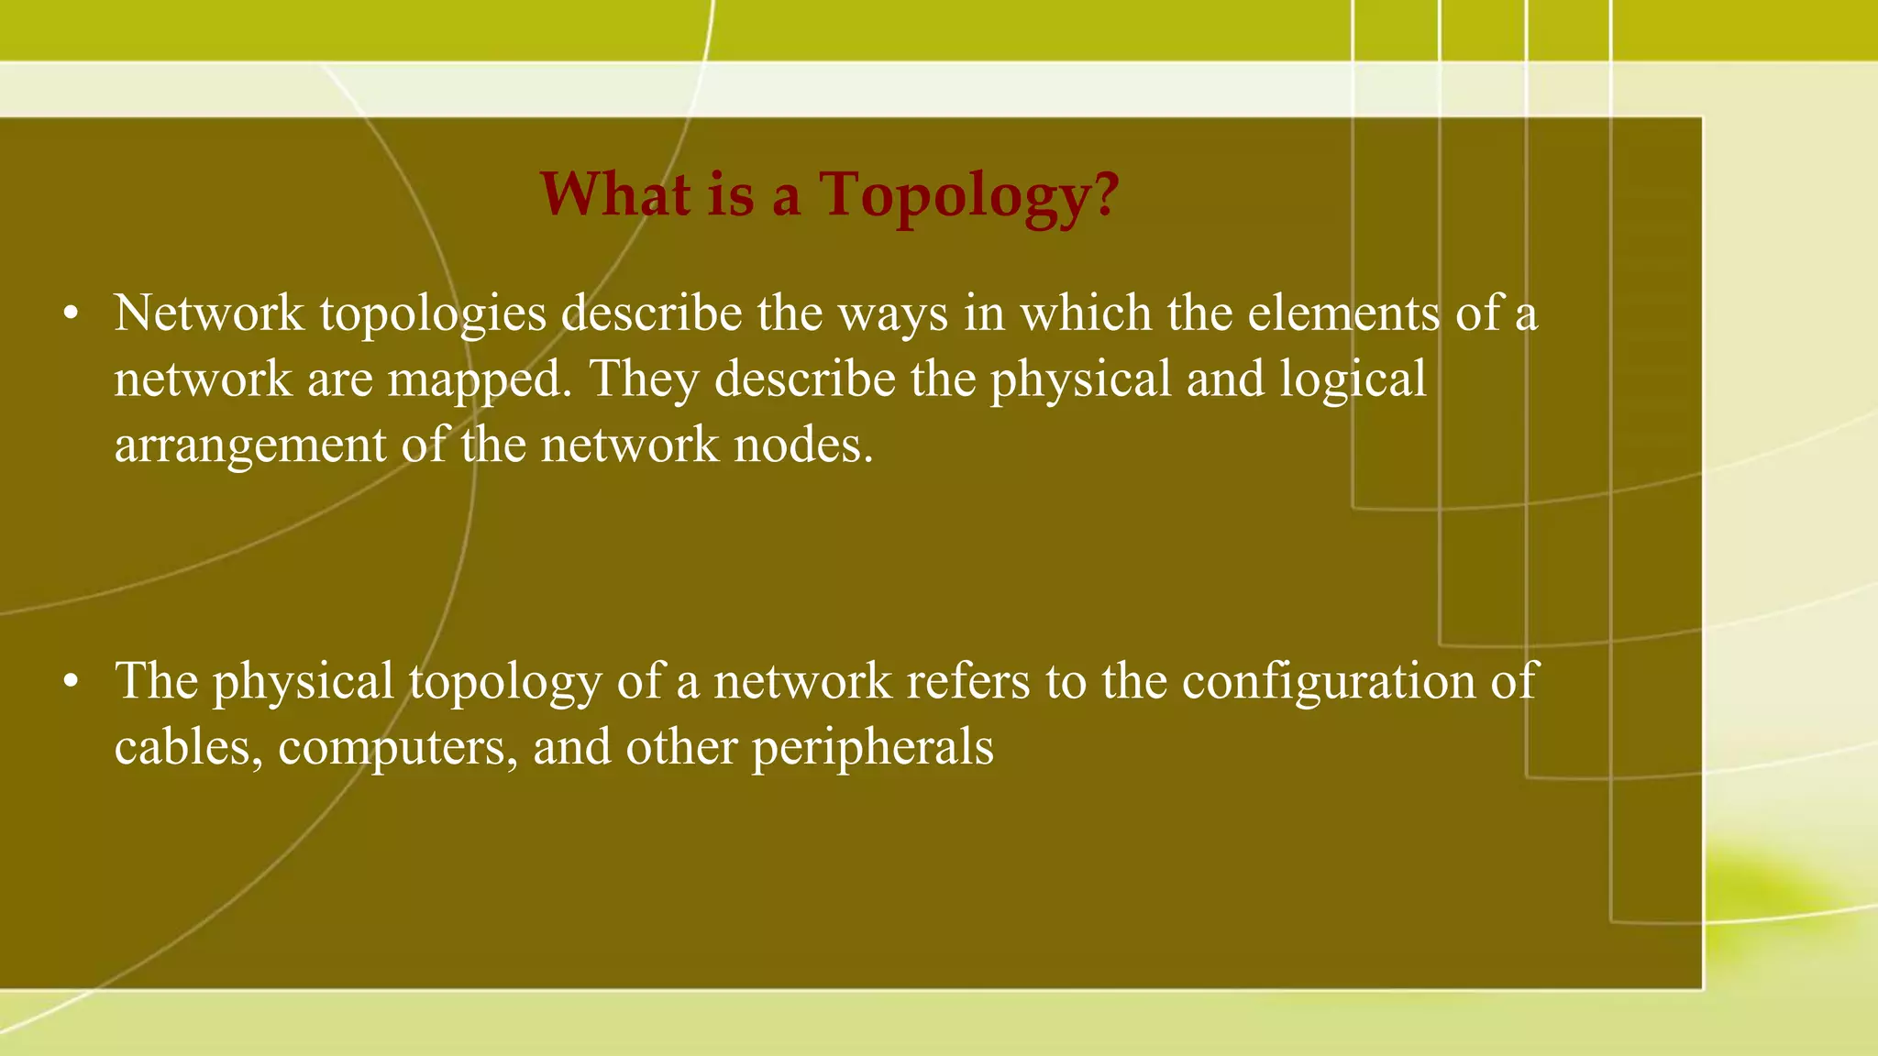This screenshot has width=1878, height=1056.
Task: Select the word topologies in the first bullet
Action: (433, 314)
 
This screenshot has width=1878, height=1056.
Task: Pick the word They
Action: (645, 379)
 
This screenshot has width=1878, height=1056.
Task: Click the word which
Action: (1086, 313)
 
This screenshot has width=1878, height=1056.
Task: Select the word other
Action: (681, 747)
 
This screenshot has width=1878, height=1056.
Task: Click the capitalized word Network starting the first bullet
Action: (209, 313)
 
